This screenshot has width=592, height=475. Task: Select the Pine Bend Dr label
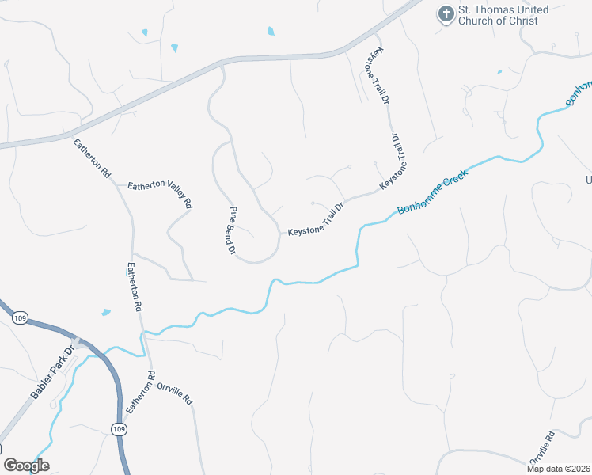click(x=233, y=230)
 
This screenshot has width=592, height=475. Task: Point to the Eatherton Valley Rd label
click(x=160, y=193)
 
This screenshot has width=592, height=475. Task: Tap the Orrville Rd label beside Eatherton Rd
click(x=176, y=394)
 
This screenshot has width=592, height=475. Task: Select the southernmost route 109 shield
click(x=118, y=429)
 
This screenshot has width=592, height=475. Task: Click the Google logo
click(x=26, y=465)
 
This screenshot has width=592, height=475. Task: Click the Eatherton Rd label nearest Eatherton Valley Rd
click(x=92, y=158)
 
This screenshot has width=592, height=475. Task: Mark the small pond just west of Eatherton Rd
click(x=105, y=312)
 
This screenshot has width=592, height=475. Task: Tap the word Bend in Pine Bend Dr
click(x=233, y=230)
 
